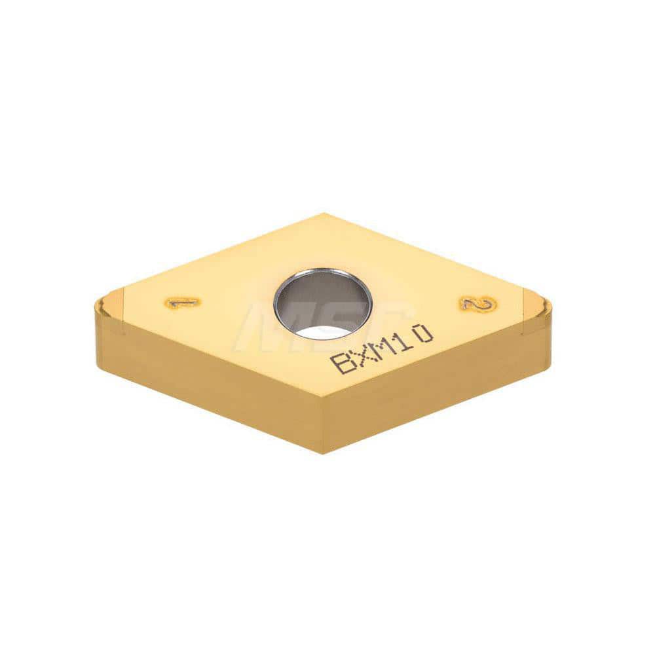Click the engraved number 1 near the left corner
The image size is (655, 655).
coord(183,303)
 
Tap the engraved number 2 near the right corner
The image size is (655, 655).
coord(477,303)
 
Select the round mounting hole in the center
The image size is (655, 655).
coord(323,303)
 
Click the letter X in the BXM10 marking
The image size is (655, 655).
coord(365,355)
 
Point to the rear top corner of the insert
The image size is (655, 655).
coord(322,214)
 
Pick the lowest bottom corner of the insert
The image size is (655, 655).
coord(322,452)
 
